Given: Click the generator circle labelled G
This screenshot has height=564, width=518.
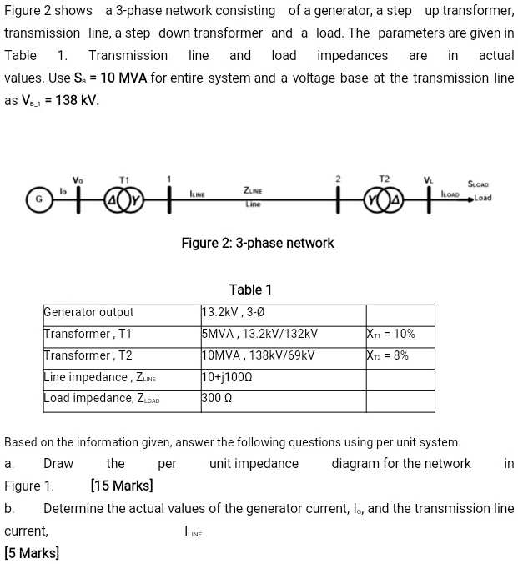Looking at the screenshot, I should pyautogui.click(x=38, y=200).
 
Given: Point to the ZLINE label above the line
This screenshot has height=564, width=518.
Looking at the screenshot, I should pyautogui.click(x=254, y=189).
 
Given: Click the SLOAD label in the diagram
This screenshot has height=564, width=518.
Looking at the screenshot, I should pyautogui.click(x=479, y=184).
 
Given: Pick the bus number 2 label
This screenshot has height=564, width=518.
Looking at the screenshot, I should pyautogui.click(x=338, y=179).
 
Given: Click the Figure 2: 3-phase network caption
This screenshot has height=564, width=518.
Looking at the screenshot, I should pyautogui.click(x=257, y=243).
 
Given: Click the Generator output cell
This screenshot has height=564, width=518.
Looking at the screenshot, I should pyautogui.click(x=88, y=313).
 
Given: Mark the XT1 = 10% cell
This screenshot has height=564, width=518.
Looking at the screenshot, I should pyautogui.click(x=390, y=334).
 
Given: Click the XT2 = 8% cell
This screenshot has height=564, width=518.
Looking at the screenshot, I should pyautogui.click(x=389, y=355).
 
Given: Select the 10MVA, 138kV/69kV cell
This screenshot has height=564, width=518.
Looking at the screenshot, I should pyautogui.click(x=259, y=355).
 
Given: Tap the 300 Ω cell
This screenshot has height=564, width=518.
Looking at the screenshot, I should pyautogui.click(x=219, y=398).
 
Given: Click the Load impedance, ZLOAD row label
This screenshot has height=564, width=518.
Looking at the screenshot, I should pyautogui.click(x=101, y=398).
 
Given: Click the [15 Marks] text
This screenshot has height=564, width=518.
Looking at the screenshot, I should pyautogui.click(x=122, y=486).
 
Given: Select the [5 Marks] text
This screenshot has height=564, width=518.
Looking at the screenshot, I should pyautogui.click(x=32, y=552).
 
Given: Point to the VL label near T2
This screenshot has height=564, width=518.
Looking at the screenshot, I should pyautogui.click(x=429, y=179).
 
